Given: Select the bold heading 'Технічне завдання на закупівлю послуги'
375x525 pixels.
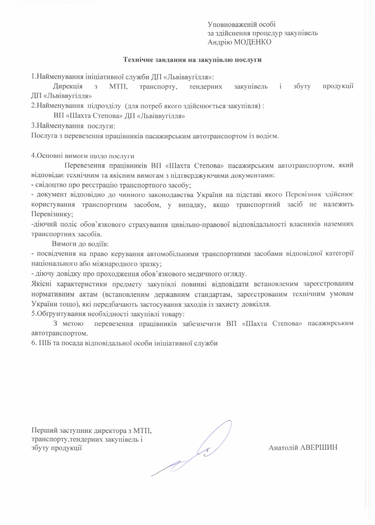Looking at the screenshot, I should coord(193,60).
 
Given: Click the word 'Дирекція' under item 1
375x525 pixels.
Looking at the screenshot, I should coord(68,87).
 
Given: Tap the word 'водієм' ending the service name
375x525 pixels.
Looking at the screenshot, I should coord(268,136).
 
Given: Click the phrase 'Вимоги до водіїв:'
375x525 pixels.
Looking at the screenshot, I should coord(80,244).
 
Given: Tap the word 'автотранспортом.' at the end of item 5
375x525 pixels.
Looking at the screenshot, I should coord(60,333).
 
